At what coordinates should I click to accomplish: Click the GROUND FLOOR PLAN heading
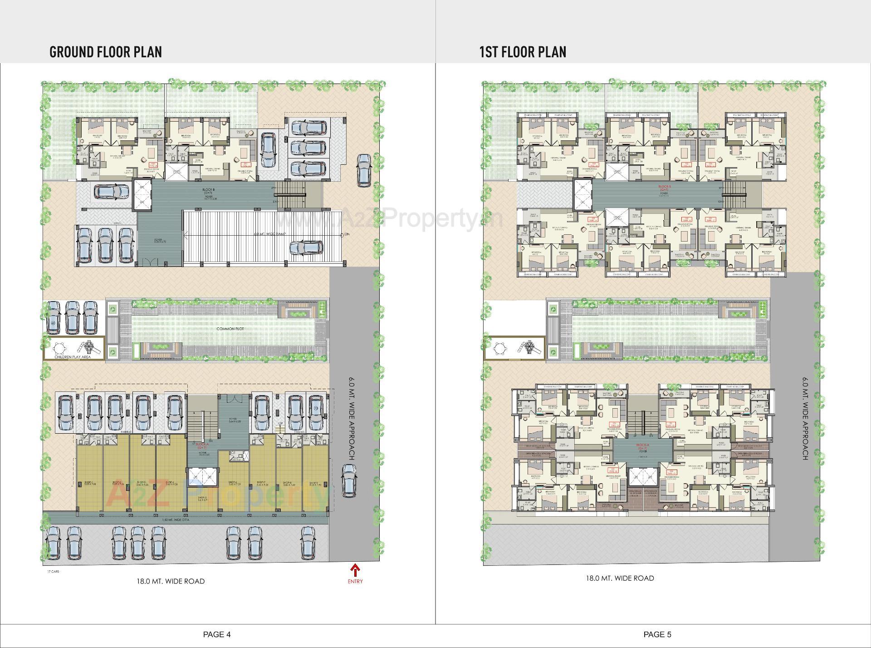click(x=105, y=52)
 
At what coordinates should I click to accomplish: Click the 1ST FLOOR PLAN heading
click(x=523, y=52)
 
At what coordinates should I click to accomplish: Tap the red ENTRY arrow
click(x=355, y=569)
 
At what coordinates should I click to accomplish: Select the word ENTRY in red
click(x=355, y=581)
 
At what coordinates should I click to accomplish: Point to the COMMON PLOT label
click(x=230, y=328)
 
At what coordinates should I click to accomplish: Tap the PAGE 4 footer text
click(x=217, y=634)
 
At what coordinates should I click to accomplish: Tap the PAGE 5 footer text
click(x=657, y=634)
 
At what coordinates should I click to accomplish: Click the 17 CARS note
click(x=53, y=572)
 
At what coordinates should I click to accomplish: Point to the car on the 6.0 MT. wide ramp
click(x=307, y=247)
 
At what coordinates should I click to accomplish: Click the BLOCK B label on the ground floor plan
click(x=210, y=189)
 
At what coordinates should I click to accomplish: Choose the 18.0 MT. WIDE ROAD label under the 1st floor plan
click(x=620, y=578)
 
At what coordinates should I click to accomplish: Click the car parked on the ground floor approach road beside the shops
click(x=348, y=480)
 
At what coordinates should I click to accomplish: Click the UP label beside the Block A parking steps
click(x=280, y=424)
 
